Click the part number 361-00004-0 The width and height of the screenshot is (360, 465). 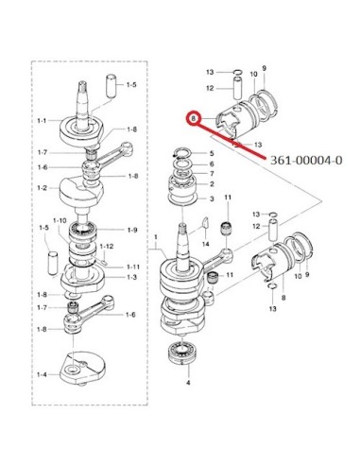pyautogui.click(x=306, y=161)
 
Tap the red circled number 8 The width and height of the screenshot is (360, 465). pyautogui.click(x=194, y=119)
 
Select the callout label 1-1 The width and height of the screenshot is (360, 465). pyautogui.click(x=42, y=121)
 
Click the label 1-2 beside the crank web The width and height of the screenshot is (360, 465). pyautogui.click(x=42, y=188)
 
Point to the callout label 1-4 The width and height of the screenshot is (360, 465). pyautogui.click(x=42, y=374)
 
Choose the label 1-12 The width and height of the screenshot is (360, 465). pyautogui.click(x=106, y=246)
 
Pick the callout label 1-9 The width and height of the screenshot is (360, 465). pyautogui.click(x=132, y=230)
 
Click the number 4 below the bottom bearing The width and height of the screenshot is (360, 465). pyautogui.click(x=188, y=383)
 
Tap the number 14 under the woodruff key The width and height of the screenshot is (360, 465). pyautogui.click(x=206, y=244)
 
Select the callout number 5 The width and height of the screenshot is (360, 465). pyautogui.click(x=212, y=153)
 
